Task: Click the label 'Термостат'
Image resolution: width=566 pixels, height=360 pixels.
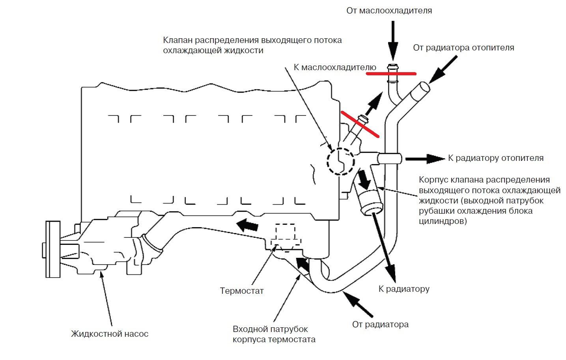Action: coord(241,291)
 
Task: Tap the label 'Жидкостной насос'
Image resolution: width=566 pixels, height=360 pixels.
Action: coord(110,334)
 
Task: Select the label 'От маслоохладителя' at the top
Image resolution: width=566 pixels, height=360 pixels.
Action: coord(389,11)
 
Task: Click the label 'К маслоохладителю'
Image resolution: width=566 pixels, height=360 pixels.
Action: coord(335,67)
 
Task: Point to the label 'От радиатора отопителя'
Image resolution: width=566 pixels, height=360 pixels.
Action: coord(463,48)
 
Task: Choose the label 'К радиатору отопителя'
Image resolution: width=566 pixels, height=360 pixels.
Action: coord(495,158)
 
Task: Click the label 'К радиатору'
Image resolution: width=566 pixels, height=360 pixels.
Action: coord(403,289)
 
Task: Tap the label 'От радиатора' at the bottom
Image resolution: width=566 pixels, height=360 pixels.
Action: coord(380,325)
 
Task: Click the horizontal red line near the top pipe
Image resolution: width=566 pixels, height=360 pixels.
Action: coord(391,73)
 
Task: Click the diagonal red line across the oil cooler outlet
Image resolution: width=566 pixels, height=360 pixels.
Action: coord(360,124)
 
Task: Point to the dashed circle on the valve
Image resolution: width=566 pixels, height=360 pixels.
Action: coord(340,161)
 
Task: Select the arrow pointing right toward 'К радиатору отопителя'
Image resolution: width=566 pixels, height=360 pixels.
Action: coord(424,159)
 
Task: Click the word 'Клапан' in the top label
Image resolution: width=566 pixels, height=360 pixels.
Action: coord(177,40)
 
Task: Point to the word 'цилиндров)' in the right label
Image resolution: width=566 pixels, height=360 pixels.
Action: coord(443,221)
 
